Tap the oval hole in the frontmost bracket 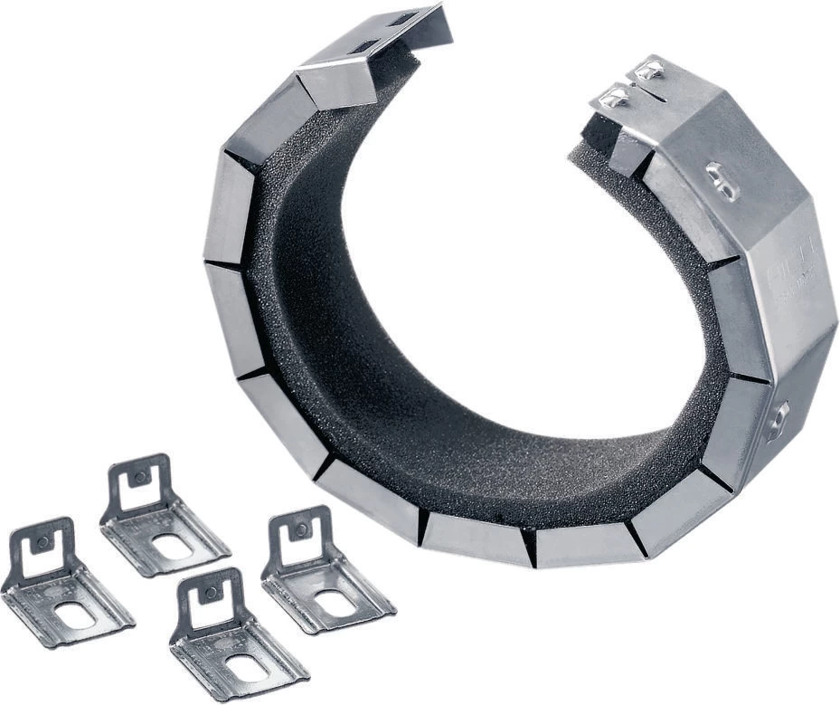point(248,667)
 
